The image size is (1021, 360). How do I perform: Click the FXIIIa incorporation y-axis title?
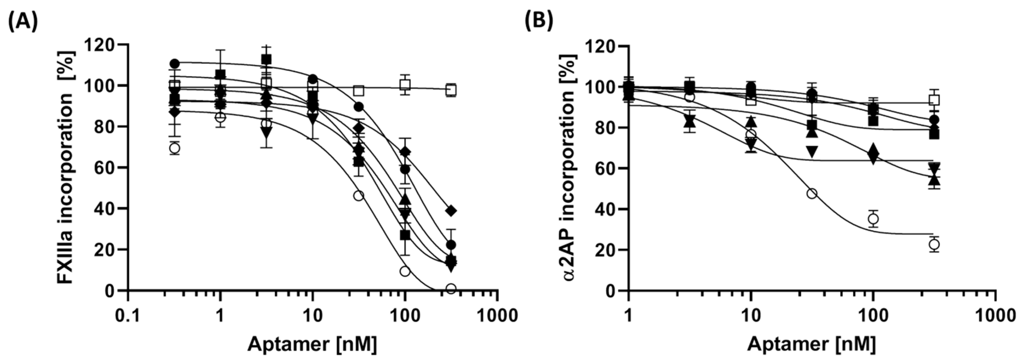pyautogui.click(x=66, y=167)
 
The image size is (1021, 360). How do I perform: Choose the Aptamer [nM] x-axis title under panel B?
pyautogui.click(x=812, y=344)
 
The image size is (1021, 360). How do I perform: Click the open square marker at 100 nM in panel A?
pyautogui.click(x=405, y=85)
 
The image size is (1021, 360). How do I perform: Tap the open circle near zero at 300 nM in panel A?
pyautogui.click(x=451, y=288)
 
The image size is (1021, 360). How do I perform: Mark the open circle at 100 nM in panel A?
pyautogui.click(x=405, y=271)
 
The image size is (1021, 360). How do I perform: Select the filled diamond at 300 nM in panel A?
pyautogui.click(x=451, y=211)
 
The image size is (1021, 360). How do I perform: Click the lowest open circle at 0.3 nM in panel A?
pyautogui.click(x=174, y=148)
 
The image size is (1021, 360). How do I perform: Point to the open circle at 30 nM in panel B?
pyautogui.click(x=812, y=194)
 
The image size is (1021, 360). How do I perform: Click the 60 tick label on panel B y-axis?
pyautogui.click(x=604, y=169)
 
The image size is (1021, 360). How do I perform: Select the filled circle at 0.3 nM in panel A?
pyautogui.click(x=174, y=63)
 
